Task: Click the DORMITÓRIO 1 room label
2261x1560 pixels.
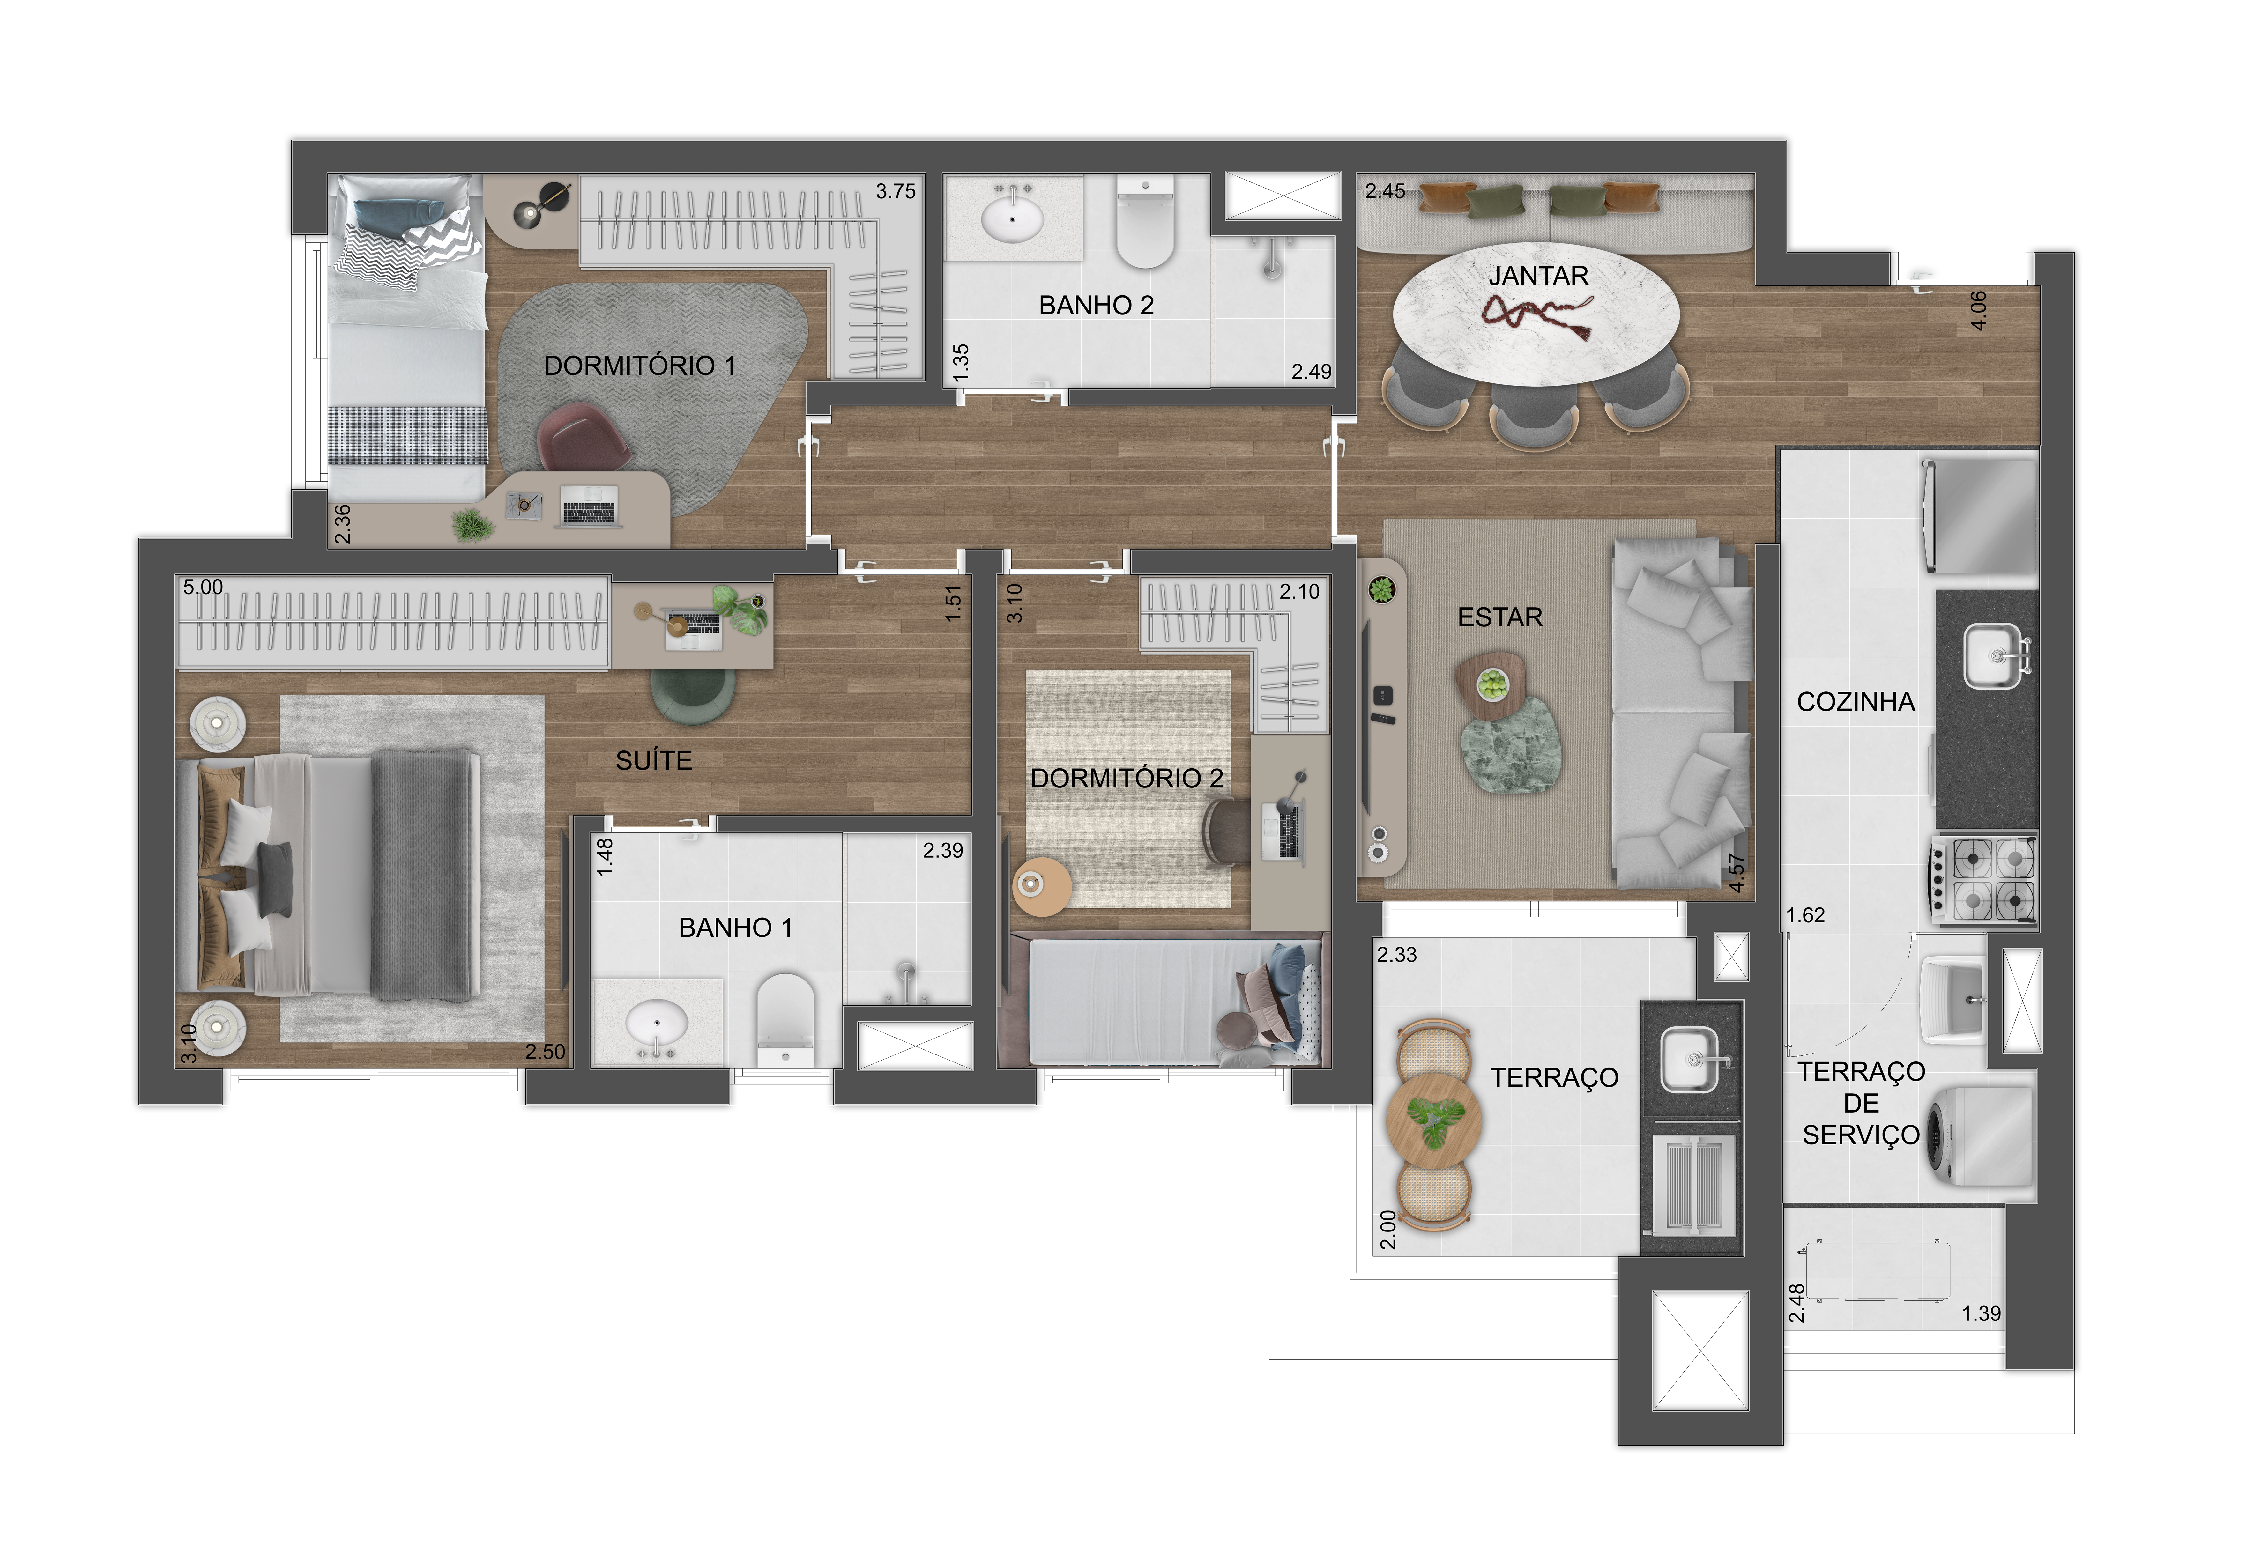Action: coord(639,366)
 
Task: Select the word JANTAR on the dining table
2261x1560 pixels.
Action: coord(1539,277)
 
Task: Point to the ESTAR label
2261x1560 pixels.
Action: coord(1499,618)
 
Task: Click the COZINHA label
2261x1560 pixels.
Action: coord(1855,702)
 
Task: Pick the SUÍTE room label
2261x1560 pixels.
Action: coord(654,760)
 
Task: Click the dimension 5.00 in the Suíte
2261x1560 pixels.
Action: coord(203,588)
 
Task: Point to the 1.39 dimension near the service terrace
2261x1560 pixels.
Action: coord(1982,1314)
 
